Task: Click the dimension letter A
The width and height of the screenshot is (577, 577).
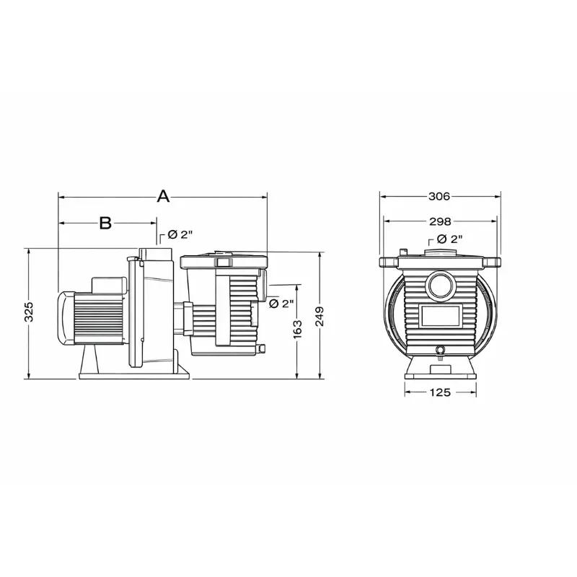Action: pos(163,196)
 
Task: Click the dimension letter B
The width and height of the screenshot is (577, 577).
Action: pos(105,223)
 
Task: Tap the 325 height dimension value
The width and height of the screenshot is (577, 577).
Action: pos(29,312)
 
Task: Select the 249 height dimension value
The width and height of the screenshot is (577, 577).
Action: pos(320,316)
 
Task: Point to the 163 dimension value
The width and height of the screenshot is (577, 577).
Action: pos(297,329)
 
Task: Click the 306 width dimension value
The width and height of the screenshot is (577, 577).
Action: pos(439,196)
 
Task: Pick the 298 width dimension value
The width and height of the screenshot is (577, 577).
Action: pos(440,221)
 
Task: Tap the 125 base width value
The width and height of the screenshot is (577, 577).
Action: pos(440,392)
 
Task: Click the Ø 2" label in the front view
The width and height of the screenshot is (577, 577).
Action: pos(449,239)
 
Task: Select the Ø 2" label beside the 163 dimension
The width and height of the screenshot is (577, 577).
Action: pos(281,304)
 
